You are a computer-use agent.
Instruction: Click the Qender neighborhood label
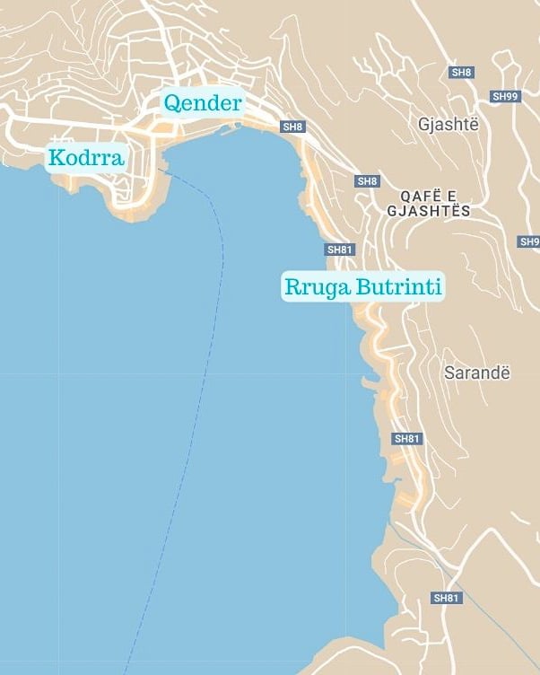point(202,103)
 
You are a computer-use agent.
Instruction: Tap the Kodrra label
point(86,159)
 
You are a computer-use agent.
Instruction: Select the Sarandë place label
point(477,372)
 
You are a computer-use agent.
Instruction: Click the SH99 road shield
point(505,95)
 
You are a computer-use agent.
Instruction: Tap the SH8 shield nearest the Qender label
point(293,127)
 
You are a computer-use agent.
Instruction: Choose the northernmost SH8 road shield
point(462,72)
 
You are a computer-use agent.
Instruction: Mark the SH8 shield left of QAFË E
point(368,181)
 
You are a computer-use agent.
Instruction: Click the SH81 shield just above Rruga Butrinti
point(339,250)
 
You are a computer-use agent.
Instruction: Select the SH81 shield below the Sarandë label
point(407,439)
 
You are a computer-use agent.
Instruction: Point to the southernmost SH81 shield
point(446,598)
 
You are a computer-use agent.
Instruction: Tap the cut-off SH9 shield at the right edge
point(529,242)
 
